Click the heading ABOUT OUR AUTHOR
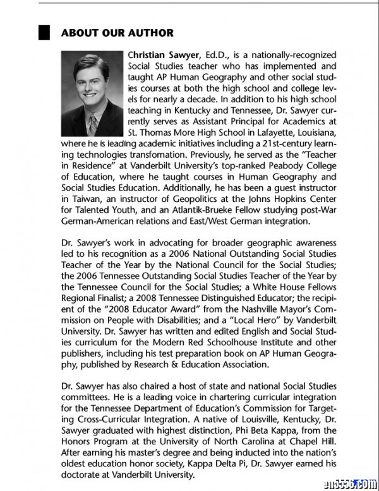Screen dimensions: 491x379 [117, 33]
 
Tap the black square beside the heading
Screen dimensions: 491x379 [44, 33]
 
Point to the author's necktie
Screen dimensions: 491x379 [92, 123]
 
